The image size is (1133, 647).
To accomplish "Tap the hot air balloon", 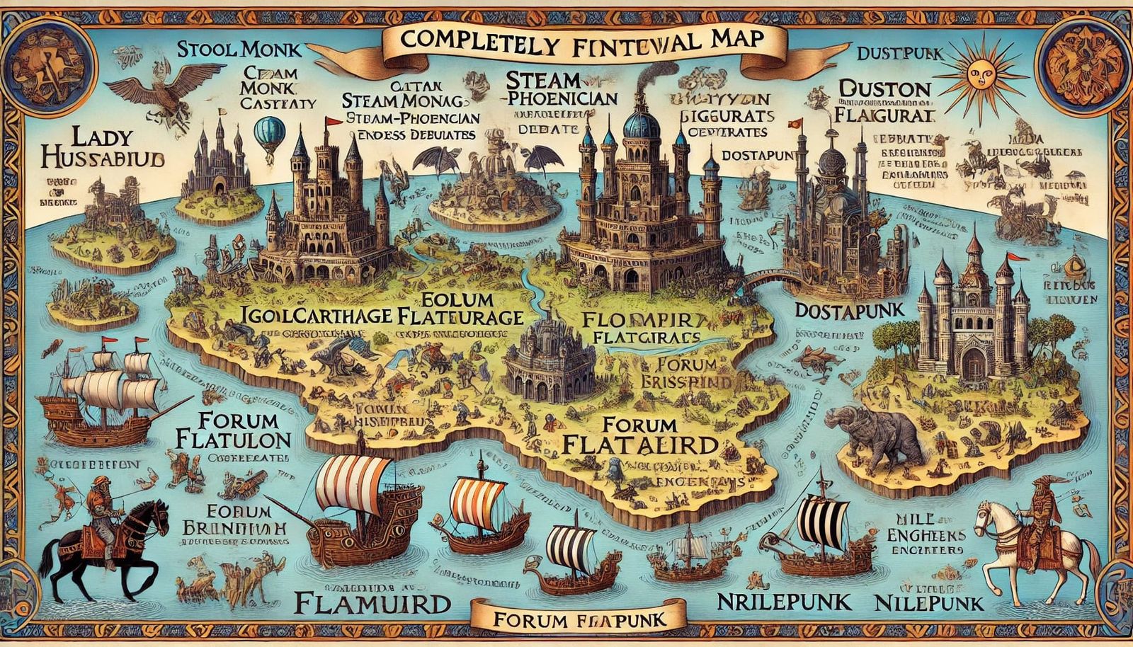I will coord(269,134).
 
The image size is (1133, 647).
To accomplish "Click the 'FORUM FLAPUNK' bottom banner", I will coord(579,620).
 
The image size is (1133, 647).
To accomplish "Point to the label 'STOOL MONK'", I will coord(239,50).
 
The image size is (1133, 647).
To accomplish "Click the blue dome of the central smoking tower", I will coord(642,125).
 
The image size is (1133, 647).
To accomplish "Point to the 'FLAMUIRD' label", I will coord(372,604).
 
